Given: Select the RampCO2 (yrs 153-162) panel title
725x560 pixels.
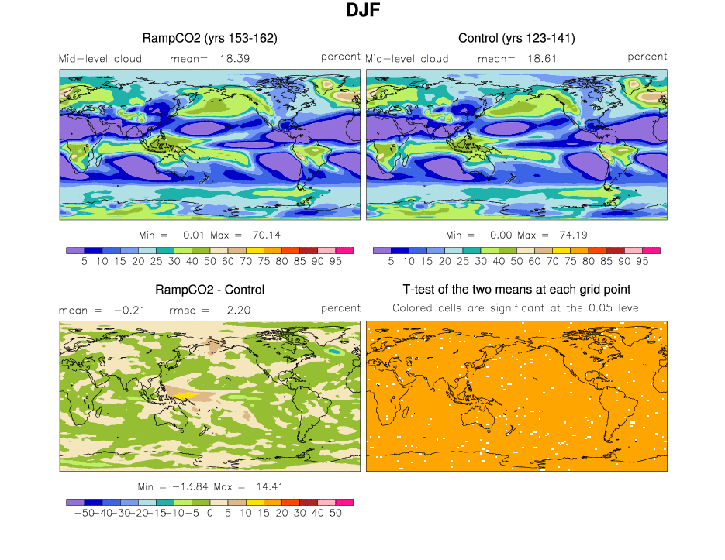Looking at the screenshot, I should click(x=209, y=38).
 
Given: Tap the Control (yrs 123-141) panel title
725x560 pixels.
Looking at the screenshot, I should click(x=516, y=38).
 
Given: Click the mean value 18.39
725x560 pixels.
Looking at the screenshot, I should click(x=234, y=58).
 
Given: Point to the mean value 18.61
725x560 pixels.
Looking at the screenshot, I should click(x=542, y=58).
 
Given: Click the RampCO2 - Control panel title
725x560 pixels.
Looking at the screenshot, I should click(x=209, y=290).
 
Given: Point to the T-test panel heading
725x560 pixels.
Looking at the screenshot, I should click(x=516, y=290).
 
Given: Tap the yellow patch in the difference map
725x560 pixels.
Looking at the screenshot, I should click(x=184, y=395).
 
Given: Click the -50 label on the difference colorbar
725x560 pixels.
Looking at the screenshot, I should click(x=78, y=513).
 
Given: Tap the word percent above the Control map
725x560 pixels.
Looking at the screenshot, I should click(x=647, y=57).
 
